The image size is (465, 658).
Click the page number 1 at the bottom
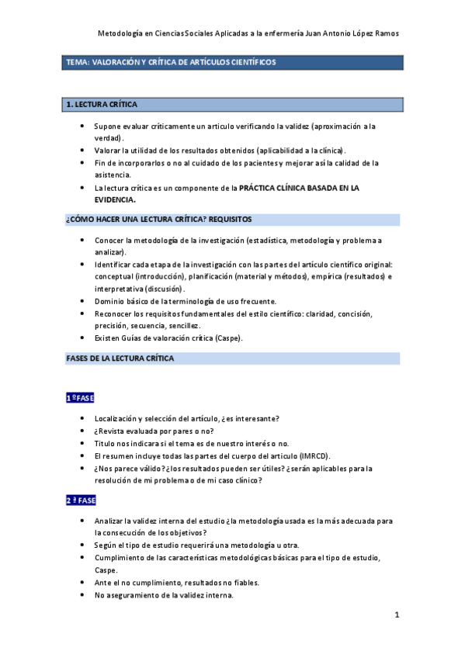click(397, 615)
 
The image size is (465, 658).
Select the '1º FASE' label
click(79, 397)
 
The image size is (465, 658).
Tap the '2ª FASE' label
click(81, 500)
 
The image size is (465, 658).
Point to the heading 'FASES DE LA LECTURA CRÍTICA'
click(120, 358)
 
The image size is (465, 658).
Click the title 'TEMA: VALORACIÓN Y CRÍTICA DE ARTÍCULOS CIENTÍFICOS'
click(171, 62)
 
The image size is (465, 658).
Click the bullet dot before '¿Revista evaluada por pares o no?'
click(83, 431)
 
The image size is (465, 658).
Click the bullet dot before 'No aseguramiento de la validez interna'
click(83, 595)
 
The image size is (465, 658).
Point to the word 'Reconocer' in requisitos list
click(113, 313)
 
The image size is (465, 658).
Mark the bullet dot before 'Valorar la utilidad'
click(83, 151)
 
